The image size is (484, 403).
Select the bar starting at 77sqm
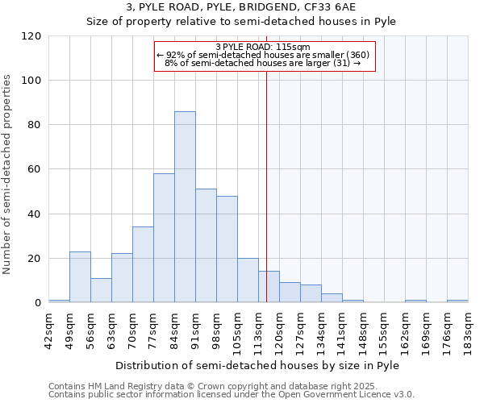[164, 238]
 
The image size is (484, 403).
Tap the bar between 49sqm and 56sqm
[80, 277]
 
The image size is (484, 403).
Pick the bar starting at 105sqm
[248, 280]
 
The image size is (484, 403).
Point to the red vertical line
[266, 185]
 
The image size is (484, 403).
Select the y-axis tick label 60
[34, 170]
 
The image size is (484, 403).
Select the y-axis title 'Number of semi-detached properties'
[7, 174]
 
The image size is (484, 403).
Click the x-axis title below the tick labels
[258, 365]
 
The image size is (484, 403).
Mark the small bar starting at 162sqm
[415, 301]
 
